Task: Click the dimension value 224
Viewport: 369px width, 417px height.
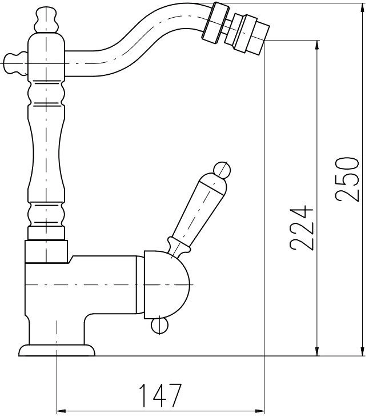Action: (302, 228)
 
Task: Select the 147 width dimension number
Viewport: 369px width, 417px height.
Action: (161, 395)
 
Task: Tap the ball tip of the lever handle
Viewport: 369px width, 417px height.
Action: (222, 170)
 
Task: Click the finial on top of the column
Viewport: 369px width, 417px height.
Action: (46, 20)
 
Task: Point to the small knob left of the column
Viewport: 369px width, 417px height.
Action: (15, 64)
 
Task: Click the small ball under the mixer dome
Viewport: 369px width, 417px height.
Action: (160, 324)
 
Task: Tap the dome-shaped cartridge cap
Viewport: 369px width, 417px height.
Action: (166, 284)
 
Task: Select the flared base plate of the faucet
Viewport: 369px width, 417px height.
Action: (57, 350)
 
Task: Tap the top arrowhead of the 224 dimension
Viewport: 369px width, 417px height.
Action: (317, 45)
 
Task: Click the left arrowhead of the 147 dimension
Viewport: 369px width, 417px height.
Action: (62, 411)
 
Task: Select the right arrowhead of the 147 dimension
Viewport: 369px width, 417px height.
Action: (259, 411)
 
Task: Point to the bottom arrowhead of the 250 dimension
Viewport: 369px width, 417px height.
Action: (362, 351)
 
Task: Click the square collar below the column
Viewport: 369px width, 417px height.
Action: (46, 251)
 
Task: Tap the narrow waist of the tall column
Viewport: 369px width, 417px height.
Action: (46, 154)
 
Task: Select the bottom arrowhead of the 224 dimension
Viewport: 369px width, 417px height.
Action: (317, 351)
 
